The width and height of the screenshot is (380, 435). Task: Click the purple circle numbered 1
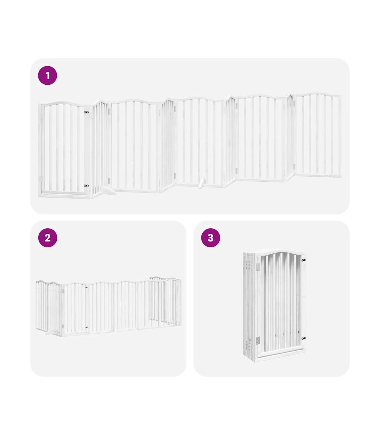pyautogui.click(x=47, y=75)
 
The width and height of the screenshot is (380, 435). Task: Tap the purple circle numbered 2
pyautogui.click(x=47, y=238)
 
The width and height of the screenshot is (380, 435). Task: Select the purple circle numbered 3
pyautogui.click(x=211, y=238)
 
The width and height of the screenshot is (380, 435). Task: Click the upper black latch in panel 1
pyautogui.click(x=86, y=112)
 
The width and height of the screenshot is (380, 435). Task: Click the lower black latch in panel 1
pyautogui.click(x=86, y=185)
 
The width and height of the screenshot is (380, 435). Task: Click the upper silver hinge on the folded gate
pyautogui.click(x=258, y=267)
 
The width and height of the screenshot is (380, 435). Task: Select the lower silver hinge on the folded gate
pyautogui.click(x=258, y=341)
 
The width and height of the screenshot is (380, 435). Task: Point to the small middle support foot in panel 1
pyautogui.click(x=202, y=184)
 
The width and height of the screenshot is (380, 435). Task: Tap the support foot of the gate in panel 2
pyautogui.click(x=49, y=333)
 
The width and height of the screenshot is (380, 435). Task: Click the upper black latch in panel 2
pyautogui.click(x=87, y=288)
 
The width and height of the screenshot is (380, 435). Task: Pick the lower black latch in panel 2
pyautogui.click(x=87, y=328)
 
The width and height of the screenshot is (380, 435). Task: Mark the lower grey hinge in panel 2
pyautogui.click(x=63, y=326)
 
